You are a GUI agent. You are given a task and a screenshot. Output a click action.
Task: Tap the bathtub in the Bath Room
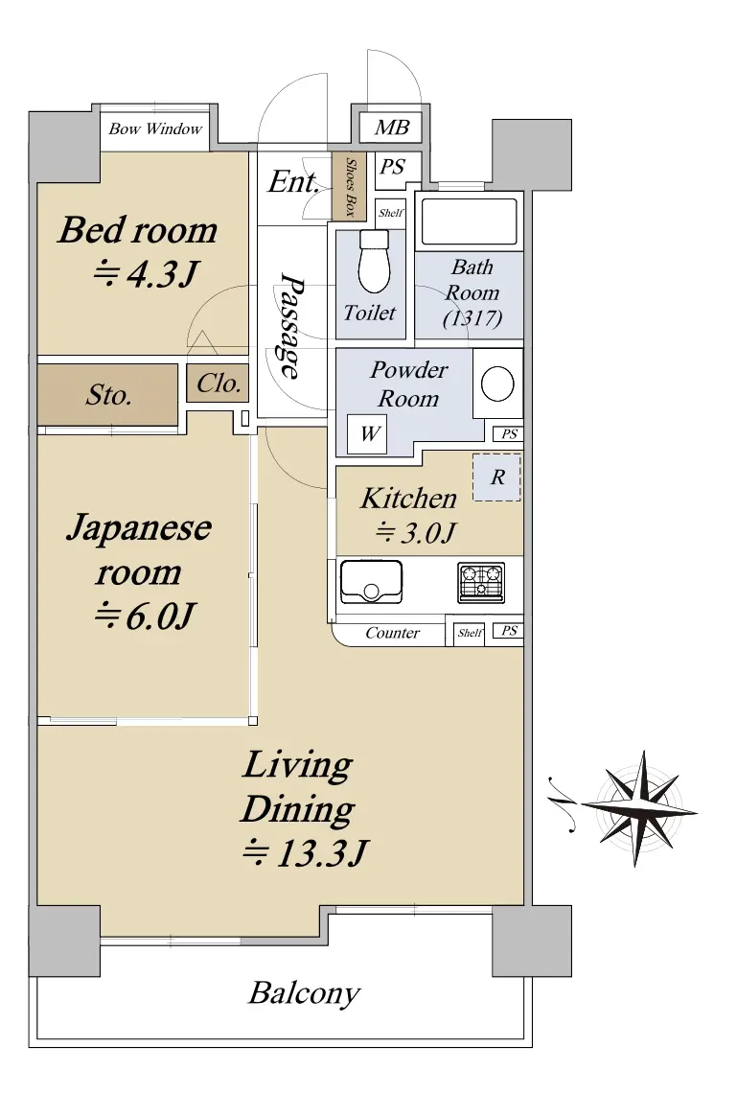click(470, 221)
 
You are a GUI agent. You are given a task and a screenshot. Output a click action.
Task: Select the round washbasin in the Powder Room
click(497, 383)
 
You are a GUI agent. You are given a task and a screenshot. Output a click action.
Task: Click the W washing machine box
click(367, 434)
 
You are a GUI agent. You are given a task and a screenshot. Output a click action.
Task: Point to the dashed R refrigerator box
click(496, 477)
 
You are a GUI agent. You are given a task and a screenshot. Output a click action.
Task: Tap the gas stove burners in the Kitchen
click(481, 581)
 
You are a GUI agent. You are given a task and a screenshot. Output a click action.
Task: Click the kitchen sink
click(371, 581)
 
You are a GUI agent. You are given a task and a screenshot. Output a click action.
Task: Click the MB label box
click(390, 128)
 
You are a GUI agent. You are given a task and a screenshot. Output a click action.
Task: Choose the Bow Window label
click(155, 129)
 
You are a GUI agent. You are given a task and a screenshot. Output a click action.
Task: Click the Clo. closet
click(218, 383)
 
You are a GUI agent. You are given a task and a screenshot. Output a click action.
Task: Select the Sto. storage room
click(107, 395)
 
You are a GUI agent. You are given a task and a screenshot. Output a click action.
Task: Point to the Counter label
click(392, 633)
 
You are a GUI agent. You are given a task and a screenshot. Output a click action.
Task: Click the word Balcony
click(305, 993)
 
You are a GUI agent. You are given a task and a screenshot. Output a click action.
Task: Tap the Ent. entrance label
click(293, 182)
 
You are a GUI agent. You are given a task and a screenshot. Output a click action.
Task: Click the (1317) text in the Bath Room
click(472, 318)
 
